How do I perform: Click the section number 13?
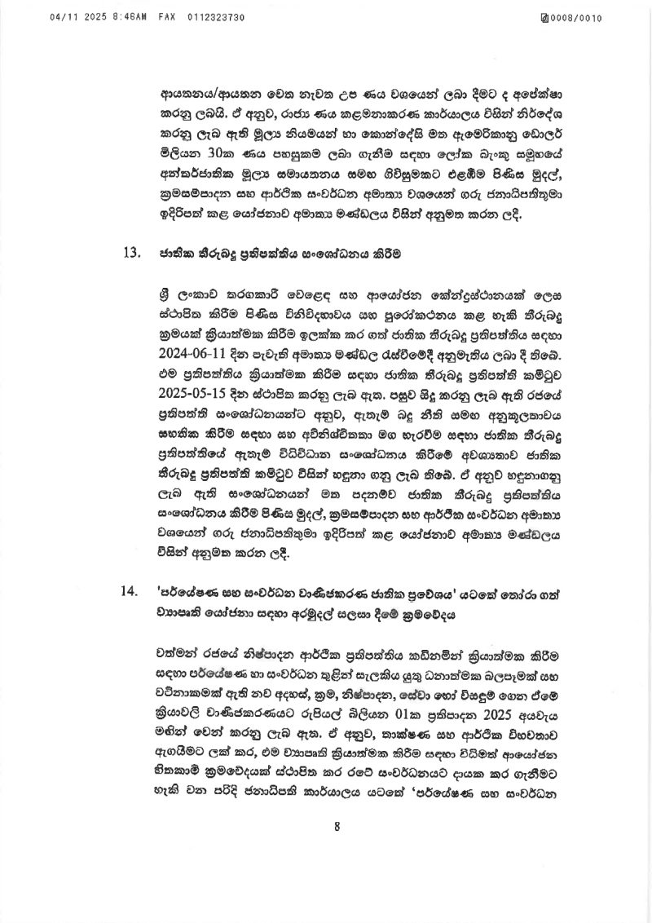point(131,252)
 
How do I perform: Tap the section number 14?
point(131,591)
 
